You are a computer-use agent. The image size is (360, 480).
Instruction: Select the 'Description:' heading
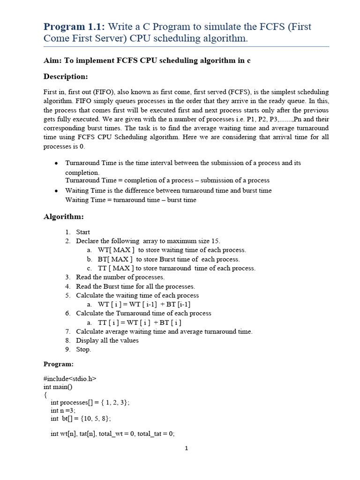[x=66, y=76]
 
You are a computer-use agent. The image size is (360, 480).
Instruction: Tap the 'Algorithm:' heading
[x=64, y=217]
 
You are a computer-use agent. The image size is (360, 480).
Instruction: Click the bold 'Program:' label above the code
[x=59, y=364]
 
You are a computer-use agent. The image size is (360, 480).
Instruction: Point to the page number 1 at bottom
[x=186, y=449]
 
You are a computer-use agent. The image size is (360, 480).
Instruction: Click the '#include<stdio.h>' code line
[x=70, y=378]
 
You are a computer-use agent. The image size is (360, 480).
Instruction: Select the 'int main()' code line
[x=59, y=387]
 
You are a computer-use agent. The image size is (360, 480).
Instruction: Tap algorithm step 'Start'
[x=83, y=232]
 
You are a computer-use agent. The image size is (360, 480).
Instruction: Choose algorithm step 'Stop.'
[x=83, y=349]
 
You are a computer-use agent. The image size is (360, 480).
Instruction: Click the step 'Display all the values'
[x=107, y=340]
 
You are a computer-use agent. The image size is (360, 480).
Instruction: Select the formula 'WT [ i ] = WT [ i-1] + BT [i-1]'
[x=144, y=304]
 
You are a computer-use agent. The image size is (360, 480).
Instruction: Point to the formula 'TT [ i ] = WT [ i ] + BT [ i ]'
[x=139, y=322]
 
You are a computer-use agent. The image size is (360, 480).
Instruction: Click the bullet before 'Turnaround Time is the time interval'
[x=56, y=163]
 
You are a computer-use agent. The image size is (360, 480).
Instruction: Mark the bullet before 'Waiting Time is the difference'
[x=56, y=191]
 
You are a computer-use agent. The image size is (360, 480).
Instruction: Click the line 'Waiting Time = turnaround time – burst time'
[x=131, y=200]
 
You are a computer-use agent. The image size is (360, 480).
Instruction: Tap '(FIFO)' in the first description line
[x=103, y=92]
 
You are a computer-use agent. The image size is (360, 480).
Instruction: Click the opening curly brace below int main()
[x=45, y=395]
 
